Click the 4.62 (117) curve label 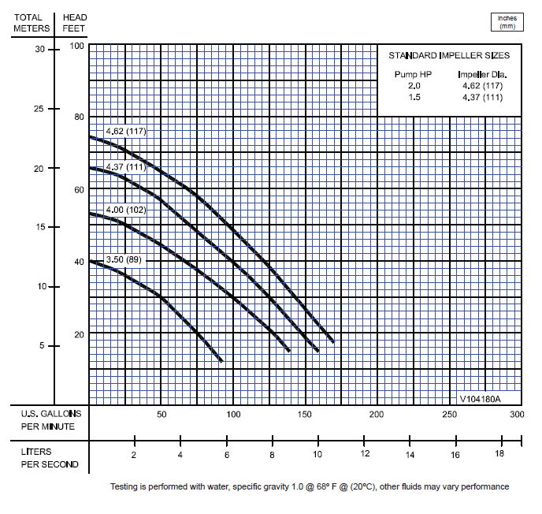pyautogui.click(x=126, y=130)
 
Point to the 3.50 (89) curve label pyautogui.click(x=124, y=259)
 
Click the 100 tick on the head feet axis pyautogui.click(x=76, y=47)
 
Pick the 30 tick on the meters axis pyautogui.click(x=41, y=49)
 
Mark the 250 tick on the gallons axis pyautogui.click(x=449, y=415)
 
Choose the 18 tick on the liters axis pyautogui.click(x=499, y=455)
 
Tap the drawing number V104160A pyautogui.click(x=480, y=397)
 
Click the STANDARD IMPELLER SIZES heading pyautogui.click(x=449, y=56)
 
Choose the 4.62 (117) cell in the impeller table pyautogui.click(x=480, y=85)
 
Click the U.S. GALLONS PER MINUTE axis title pyautogui.click(x=48, y=420)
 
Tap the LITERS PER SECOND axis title pyautogui.click(x=50, y=458)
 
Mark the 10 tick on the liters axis pyautogui.click(x=317, y=455)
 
